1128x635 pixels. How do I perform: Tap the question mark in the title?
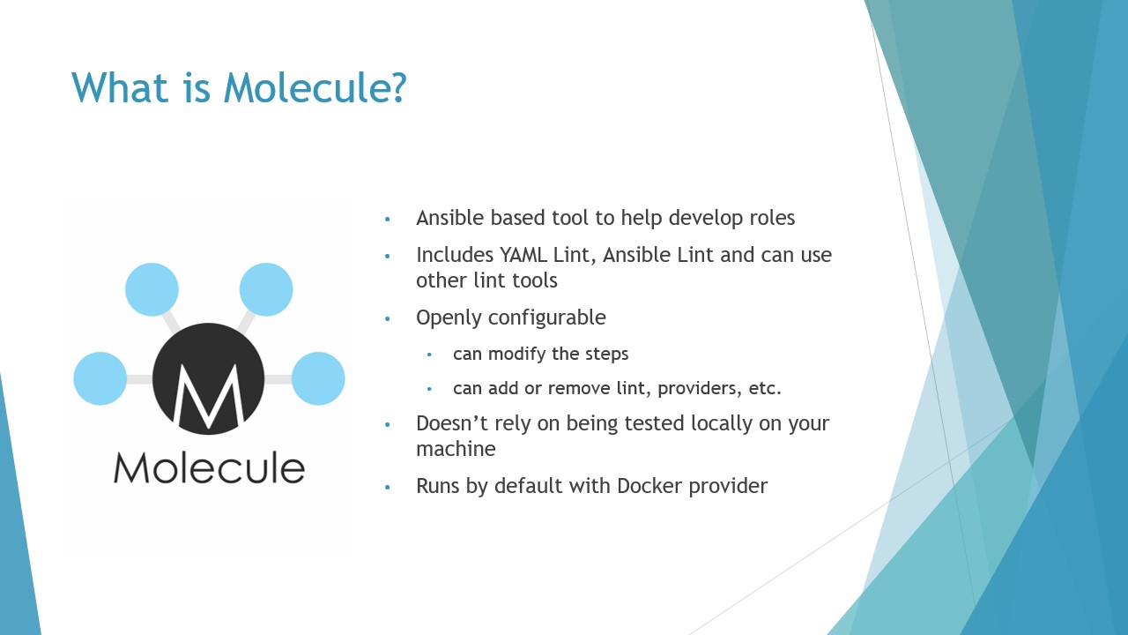tap(398, 87)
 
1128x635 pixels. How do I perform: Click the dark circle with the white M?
tap(209, 379)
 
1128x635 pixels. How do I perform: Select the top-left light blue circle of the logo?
tap(152, 289)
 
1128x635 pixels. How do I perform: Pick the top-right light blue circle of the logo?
tap(266, 289)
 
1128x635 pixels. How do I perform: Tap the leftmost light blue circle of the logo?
tap(100, 378)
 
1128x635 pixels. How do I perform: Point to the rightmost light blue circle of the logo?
tap(318, 378)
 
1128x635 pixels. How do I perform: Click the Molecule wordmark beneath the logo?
tap(209, 468)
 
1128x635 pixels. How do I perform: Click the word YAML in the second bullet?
tap(523, 255)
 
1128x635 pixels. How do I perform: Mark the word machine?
tap(456, 449)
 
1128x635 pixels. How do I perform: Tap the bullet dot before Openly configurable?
tap(387, 318)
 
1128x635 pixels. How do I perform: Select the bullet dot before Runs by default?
tap(387, 487)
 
